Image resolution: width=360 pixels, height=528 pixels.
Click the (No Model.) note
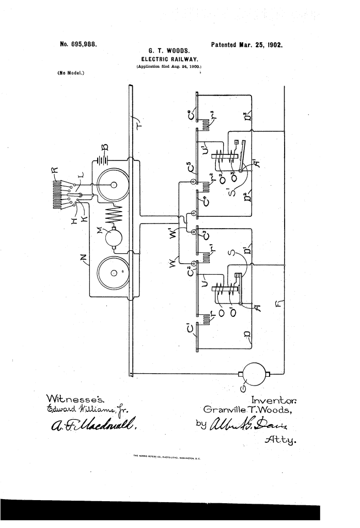[71, 72]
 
